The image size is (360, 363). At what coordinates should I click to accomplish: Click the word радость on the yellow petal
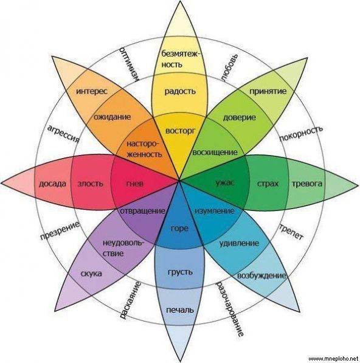180,91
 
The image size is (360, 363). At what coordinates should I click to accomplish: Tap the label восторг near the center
181,131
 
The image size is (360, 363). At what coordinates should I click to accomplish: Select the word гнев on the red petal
135,184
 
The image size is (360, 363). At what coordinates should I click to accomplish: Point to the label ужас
224,183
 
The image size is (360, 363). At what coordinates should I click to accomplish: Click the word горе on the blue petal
179,229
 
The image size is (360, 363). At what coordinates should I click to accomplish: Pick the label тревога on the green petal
306,184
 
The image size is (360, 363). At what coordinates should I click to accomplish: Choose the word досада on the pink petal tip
52,184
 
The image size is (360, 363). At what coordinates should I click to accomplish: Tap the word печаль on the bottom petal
180,310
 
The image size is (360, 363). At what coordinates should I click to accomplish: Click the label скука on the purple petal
91,274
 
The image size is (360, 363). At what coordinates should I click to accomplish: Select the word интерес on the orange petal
92,91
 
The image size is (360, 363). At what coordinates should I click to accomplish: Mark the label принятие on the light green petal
268,91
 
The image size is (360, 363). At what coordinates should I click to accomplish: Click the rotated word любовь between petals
229,68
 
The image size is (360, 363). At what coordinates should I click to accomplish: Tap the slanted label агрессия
63,134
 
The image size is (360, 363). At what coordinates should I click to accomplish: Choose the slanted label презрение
60,230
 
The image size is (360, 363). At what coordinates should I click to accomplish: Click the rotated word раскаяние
130,300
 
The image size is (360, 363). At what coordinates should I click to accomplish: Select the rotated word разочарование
229,309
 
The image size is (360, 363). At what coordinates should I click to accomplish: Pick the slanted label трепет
291,232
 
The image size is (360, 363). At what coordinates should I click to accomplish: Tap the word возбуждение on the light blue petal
261,275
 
